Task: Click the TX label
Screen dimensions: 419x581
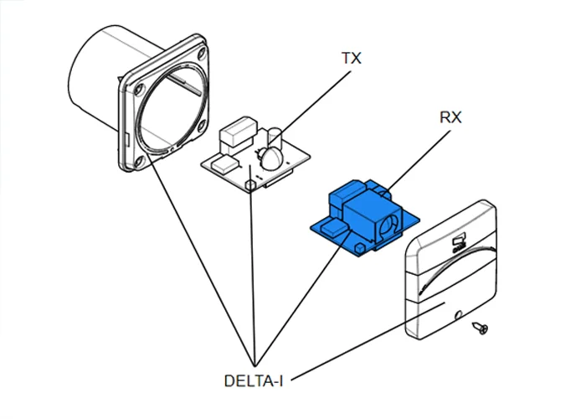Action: point(352,59)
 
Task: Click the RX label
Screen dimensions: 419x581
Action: point(450,118)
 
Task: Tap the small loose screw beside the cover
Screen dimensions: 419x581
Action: point(482,327)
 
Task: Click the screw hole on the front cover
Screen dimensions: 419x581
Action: point(458,316)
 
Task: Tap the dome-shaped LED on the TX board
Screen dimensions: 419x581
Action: point(270,158)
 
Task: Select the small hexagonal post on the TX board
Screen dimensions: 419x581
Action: point(250,184)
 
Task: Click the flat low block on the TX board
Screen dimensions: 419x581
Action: point(223,163)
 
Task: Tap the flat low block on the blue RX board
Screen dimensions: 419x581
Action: point(331,229)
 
